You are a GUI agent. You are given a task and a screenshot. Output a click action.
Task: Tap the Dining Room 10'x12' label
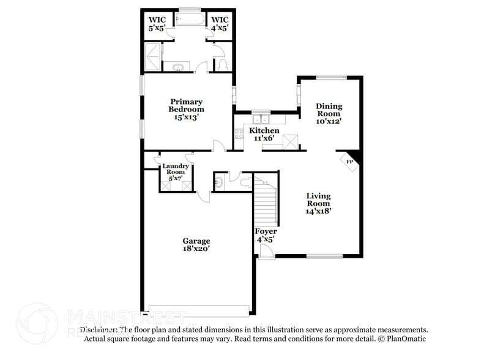329,113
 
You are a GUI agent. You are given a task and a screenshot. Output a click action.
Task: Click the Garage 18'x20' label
196,245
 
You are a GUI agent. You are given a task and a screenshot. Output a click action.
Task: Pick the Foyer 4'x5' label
266,235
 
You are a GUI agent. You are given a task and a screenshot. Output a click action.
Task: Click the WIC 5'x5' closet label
157,23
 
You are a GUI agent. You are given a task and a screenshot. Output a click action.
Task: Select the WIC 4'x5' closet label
219,23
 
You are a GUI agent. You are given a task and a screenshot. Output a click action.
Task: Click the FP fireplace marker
350,162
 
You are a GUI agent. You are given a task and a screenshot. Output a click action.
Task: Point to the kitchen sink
261,119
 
